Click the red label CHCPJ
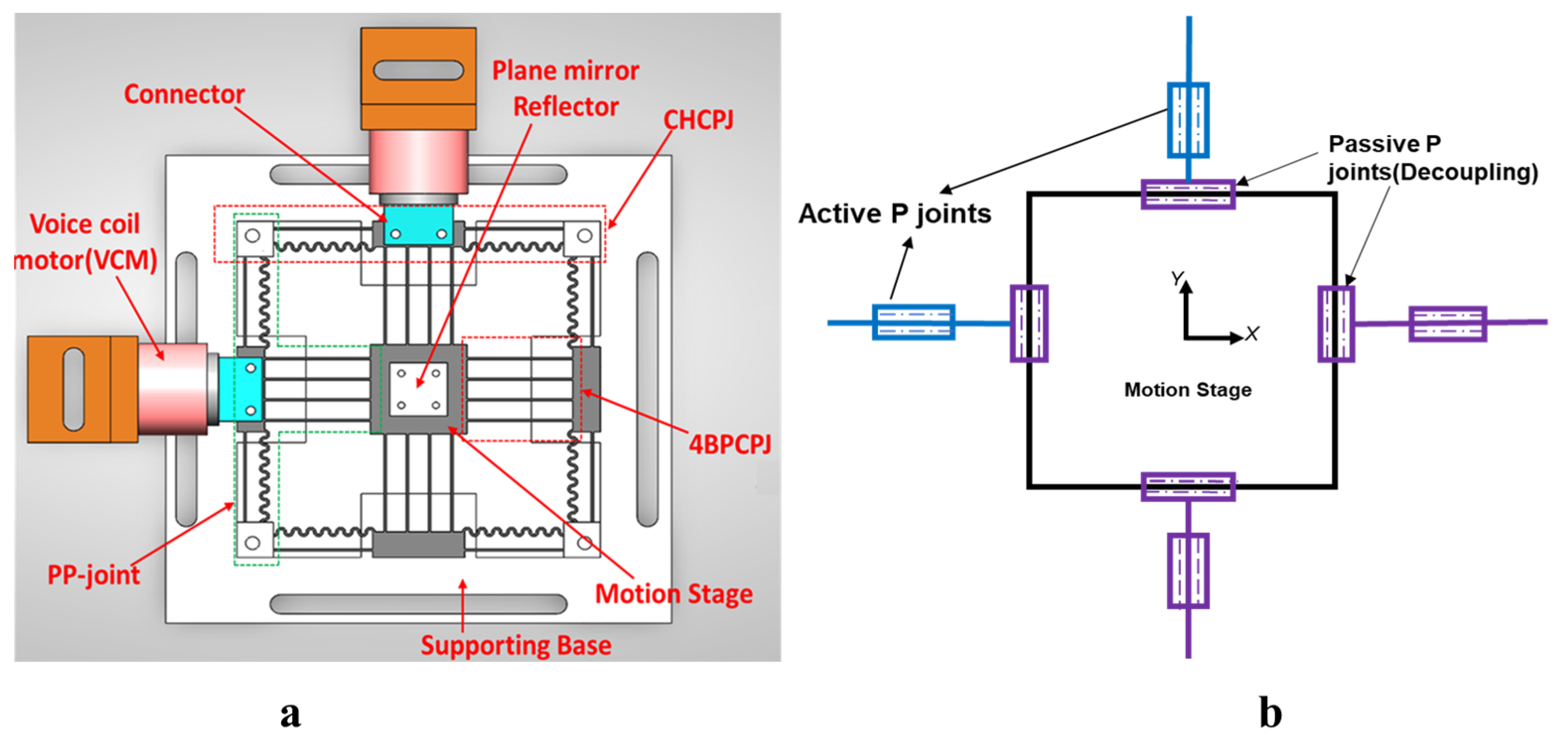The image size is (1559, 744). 698,120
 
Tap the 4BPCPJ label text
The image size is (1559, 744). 729,445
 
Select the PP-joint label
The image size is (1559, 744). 93,574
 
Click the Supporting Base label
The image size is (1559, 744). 516,645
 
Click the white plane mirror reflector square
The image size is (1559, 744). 418,389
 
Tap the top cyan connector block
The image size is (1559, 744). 418,224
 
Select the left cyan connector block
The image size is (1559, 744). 240,389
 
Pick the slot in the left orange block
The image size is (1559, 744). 73,389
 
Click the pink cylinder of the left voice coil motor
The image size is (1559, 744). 173,389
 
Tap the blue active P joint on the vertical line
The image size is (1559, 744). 1188,120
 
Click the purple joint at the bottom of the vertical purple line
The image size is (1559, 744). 1188,571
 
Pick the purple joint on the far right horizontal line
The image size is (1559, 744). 1447,324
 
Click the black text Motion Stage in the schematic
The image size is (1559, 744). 1187,390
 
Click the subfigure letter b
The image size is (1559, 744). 1270,713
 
